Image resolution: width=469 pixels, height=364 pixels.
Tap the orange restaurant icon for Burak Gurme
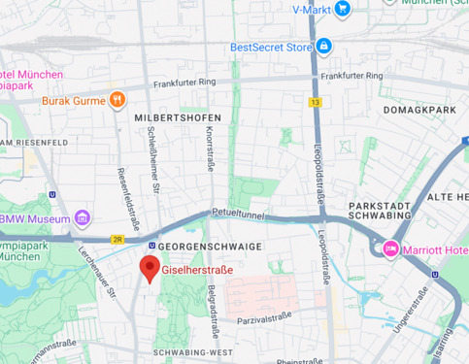point(117,99)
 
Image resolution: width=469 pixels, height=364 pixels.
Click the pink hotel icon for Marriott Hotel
point(391,248)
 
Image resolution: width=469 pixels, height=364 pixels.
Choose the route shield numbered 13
point(316,101)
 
